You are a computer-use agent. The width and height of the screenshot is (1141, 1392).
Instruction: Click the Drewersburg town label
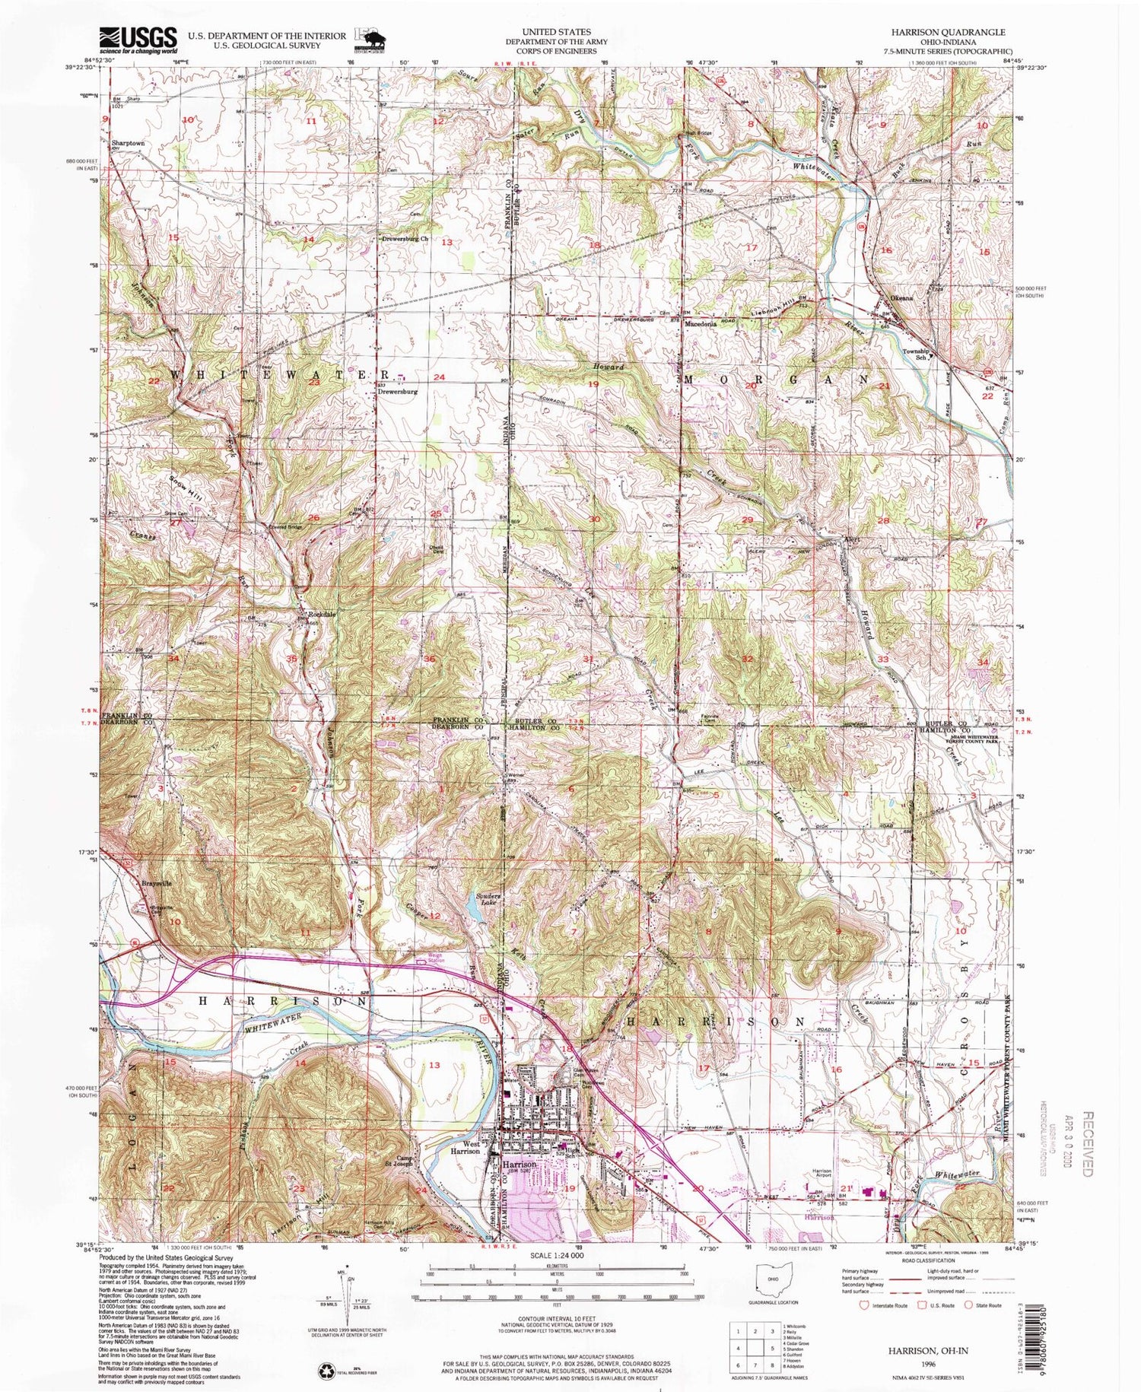[x=398, y=392]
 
